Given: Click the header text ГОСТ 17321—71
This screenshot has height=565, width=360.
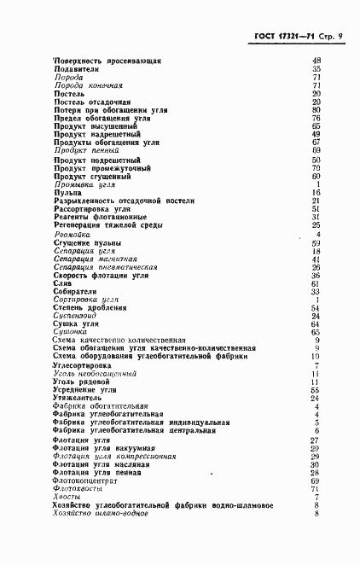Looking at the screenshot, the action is click(286, 38).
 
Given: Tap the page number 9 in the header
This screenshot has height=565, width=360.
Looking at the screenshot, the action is click(340, 38).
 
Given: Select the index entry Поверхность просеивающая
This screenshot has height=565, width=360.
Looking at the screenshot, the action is click(107, 61).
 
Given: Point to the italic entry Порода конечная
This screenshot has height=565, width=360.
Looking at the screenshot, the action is click(89, 85).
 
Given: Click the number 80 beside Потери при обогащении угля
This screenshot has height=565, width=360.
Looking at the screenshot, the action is click(316, 110).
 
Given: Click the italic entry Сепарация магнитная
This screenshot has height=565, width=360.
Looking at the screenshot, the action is click(95, 259).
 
